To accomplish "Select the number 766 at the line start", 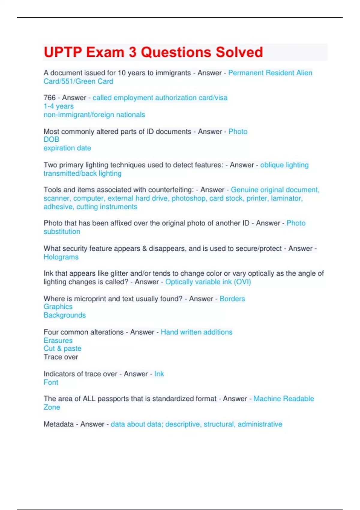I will pyautogui.click(x=49, y=98).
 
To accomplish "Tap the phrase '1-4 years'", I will pyautogui.click(x=58, y=106).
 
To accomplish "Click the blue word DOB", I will pyautogui.click(x=51, y=139).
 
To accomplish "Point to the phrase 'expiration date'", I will pyautogui.click(x=67, y=148).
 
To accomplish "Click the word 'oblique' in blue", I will pyautogui.click(x=272, y=165).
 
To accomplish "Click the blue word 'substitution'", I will pyautogui.click(x=62, y=232).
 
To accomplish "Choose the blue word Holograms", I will pyautogui.click(x=61, y=257).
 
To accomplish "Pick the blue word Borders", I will pyautogui.click(x=232, y=299).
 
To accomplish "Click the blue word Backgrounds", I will pyautogui.click(x=64, y=315).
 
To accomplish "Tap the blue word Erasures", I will pyautogui.click(x=58, y=340).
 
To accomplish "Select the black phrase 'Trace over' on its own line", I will pyautogui.click(x=61, y=357).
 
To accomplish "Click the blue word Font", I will pyautogui.click(x=51, y=382).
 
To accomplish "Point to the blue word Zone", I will pyautogui.click(x=52, y=407).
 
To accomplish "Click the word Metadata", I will pyautogui.click(x=58, y=424).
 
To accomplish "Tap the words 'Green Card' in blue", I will pyautogui.click(x=94, y=81).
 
